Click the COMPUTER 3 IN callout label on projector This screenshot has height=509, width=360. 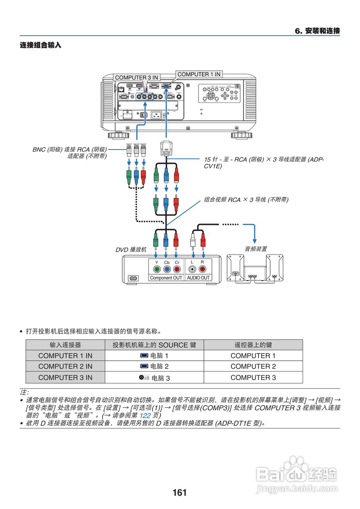tap(137, 78)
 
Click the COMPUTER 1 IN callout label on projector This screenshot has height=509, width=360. tap(199, 74)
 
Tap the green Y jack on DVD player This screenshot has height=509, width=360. tap(156, 269)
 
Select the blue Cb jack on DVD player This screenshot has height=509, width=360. tap(166, 269)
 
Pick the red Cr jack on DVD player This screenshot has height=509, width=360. tap(177, 269)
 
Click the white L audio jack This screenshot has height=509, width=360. tap(193, 269)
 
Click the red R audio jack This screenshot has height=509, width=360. tap(203, 269)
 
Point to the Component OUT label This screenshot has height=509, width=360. tap(166, 278)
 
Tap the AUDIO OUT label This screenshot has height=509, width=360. tap(198, 278)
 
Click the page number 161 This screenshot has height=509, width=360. tap(180, 493)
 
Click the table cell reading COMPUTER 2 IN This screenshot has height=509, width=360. tap(65, 366)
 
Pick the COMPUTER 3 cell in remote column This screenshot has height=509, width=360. tap(253, 377)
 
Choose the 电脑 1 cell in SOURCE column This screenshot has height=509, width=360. tap(155, 356)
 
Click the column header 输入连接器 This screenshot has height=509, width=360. tap(65, 345)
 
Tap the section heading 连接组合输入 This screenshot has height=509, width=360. tap(41, 45)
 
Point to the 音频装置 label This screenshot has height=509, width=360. tap(255, 249)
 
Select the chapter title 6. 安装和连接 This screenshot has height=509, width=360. tap(317, 31)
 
